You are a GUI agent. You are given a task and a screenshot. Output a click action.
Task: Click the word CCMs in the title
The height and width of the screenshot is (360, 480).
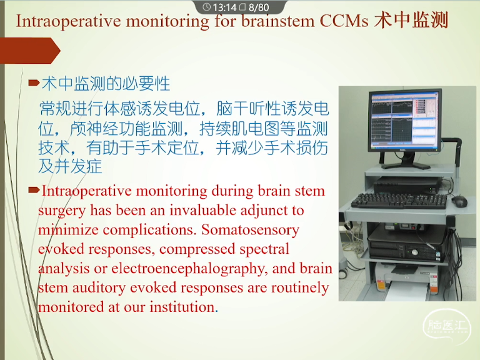click(x=344, y=21)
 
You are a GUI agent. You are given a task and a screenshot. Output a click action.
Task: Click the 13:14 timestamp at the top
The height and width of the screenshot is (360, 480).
click(x=225, y=7)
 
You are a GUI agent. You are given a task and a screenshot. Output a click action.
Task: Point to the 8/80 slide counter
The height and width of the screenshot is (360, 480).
click(x=259, y=7)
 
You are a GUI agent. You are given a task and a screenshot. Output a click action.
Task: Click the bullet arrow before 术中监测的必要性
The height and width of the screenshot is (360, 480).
click(x=34, y=82)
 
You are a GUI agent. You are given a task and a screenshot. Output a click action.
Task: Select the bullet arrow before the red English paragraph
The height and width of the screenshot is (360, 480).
click(x=34, y=190)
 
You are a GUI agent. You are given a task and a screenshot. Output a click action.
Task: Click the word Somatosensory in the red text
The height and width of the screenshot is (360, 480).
click(x=250, y=230)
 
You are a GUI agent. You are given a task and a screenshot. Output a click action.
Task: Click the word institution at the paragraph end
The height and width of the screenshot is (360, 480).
click(x=182, y=307)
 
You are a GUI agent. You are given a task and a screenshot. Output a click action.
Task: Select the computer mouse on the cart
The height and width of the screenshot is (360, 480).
click(x=459, y=201)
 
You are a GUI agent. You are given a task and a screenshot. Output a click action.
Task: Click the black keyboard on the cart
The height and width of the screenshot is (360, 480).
click(x=399, y=201)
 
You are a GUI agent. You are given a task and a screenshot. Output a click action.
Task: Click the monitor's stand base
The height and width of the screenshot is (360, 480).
click(x=406, y=165)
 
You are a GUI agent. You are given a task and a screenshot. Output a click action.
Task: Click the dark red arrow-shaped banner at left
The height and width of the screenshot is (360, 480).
click(x=30, y=51)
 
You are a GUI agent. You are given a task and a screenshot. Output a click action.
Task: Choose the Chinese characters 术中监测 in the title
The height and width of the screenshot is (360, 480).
click(x=411, y=21)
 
